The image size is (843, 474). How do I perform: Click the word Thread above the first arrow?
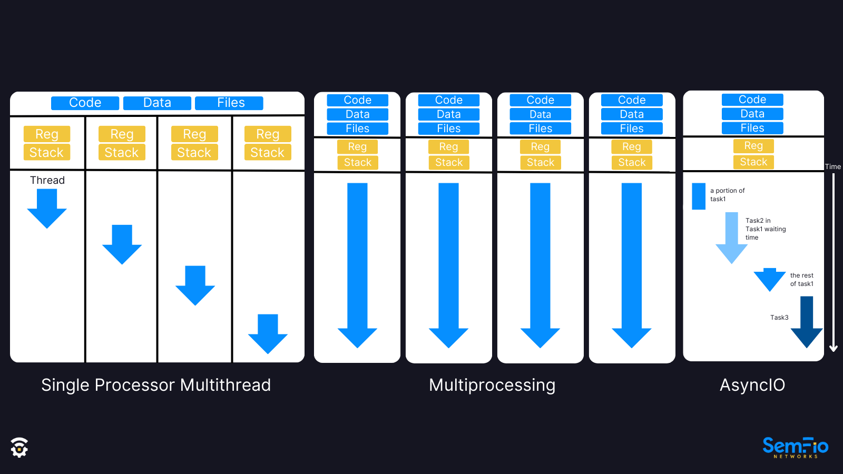(x=47, y=180)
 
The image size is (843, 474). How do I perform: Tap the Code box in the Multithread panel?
(x=85, y=103)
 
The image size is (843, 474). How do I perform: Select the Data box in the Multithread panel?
(x=157, y=103)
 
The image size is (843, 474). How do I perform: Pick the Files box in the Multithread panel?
(x=229, y=103)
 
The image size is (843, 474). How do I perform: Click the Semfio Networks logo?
(x=795, y=448)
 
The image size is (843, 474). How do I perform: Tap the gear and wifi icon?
(x=19, y=448)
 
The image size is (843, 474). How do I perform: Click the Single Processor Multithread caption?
(x=156, y=385)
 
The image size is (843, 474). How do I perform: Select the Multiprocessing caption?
(x=492, y=385)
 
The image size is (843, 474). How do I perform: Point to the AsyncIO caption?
(x=752, y=385)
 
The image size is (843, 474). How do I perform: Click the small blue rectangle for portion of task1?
(x=699, y=196)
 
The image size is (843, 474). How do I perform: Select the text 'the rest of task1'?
(x=801, y=280)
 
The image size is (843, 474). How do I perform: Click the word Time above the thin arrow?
(x=832, y=166)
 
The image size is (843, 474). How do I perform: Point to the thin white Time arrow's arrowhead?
(x=834, y=348)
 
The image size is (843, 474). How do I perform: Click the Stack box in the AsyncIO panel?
(x=753, y=162)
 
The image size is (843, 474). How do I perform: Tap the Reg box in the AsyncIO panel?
(x=753, y=145)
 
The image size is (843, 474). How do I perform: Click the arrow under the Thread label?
(x=47, y=208)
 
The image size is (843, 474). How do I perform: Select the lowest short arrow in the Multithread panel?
(x=268, y=334)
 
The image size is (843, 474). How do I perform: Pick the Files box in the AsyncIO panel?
(x=752, y=128)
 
